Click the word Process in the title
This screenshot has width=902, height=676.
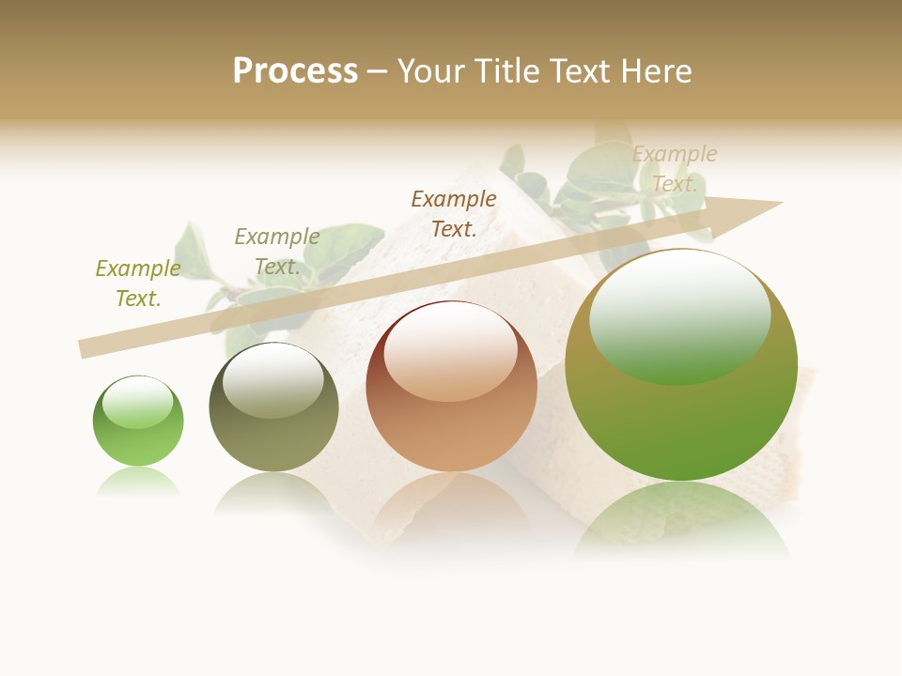295,71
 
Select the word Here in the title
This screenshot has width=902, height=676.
655,71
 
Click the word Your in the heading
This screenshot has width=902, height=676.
431,71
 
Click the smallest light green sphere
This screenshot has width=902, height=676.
138,421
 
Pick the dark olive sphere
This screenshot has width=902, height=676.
273,407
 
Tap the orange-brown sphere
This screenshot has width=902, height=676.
452,387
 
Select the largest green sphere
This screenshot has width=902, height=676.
681,365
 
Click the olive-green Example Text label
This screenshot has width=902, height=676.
138,284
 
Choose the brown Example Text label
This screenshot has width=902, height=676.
454,213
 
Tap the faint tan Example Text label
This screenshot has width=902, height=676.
675,169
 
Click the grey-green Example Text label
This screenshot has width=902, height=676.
277,252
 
